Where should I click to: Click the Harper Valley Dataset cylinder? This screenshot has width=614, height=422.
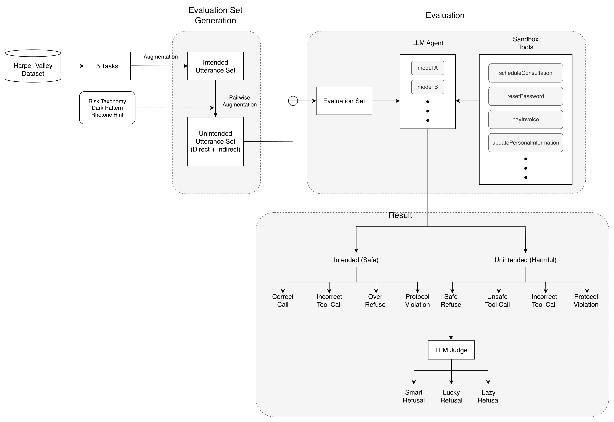coord(33,66)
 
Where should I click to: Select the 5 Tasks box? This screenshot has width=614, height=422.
coord(107,66)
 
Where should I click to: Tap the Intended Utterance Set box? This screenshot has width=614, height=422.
coord(215,66)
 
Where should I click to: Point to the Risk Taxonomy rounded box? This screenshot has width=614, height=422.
coord(107,108)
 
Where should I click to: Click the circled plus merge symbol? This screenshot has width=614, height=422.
coord(293,101)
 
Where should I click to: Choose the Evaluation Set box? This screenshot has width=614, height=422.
coord(344,101)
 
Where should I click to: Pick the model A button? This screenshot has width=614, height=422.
coord(428,68)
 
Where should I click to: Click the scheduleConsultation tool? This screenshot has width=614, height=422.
coord(526,73)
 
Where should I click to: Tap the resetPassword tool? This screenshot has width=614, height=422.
coord(526,96)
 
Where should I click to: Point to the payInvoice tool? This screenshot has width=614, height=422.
coord(526,120)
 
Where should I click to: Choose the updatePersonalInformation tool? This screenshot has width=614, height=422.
coord(526,143)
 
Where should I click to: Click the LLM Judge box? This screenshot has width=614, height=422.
coord(451,350)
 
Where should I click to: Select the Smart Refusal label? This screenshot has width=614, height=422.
coord(414,396)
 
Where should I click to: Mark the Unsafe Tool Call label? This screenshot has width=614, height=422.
coord(497,301)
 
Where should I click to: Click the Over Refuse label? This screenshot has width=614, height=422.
coord(375,301)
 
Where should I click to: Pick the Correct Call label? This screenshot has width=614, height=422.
coord(283,301)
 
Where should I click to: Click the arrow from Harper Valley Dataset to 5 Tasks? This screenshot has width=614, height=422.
coord(72,66)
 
